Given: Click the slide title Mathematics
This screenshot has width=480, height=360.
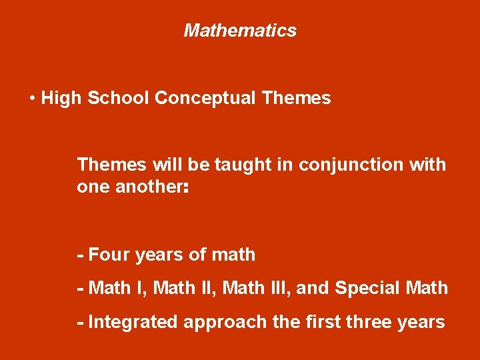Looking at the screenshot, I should (240, 31).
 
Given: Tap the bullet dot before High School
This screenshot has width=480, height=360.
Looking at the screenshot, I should (33, 99).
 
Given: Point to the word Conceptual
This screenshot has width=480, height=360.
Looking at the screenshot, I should (206, 99).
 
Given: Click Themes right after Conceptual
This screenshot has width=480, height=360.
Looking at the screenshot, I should (297, 99).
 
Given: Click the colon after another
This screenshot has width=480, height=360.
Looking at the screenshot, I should (185, 188).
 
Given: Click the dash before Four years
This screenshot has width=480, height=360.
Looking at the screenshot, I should (81, 255).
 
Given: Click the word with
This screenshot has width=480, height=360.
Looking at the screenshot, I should (428, 164).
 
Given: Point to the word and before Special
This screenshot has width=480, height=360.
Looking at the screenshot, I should (311, 288).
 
